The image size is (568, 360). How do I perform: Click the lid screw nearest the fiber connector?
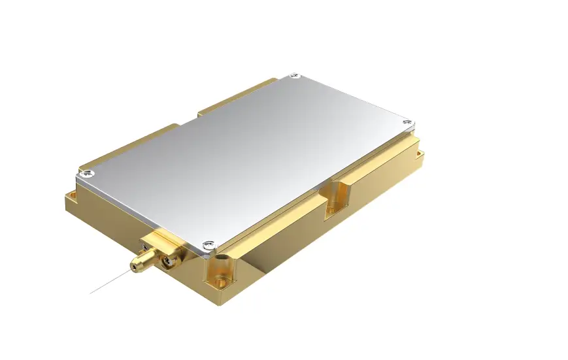pos(208,245)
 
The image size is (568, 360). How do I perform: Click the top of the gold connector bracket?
pos(160,237)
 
